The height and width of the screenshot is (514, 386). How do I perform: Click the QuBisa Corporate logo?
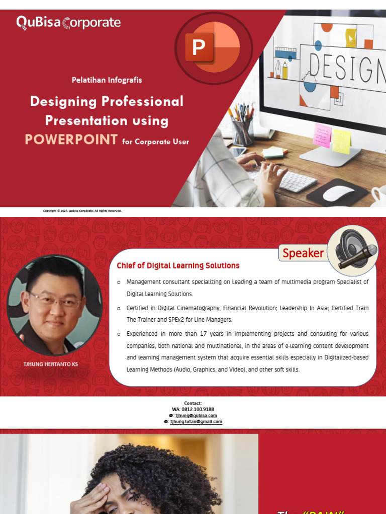[x=68, y=23]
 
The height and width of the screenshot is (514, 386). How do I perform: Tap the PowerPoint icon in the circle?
[x=213, y=48]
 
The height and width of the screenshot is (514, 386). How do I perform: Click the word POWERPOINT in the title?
[x=71, y=140]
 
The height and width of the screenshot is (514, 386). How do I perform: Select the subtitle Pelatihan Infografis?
[x=107, y=80]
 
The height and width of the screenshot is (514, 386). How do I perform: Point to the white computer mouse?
[x=338, y=193]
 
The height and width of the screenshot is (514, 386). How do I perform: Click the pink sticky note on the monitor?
[x=322, y=135]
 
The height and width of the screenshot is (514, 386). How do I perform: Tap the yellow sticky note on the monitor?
[x=341, y=141]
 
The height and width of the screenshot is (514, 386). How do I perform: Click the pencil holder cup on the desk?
[x=242, y=132]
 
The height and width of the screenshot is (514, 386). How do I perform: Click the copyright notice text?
[x=82, y=211]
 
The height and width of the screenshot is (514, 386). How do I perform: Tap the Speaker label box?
[x=303, y=253]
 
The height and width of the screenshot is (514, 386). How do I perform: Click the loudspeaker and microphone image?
[x=353, y=249]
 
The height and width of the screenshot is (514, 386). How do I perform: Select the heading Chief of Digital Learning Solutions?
[x=178, y=266]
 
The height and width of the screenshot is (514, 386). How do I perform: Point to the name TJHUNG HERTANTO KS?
[x=51, y=364]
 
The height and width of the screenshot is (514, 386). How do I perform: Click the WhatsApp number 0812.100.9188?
[x=192, y=410]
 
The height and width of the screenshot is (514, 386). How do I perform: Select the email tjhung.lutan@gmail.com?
[x=196, y=422]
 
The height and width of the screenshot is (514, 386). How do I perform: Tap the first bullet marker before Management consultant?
[x=119, y=282]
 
